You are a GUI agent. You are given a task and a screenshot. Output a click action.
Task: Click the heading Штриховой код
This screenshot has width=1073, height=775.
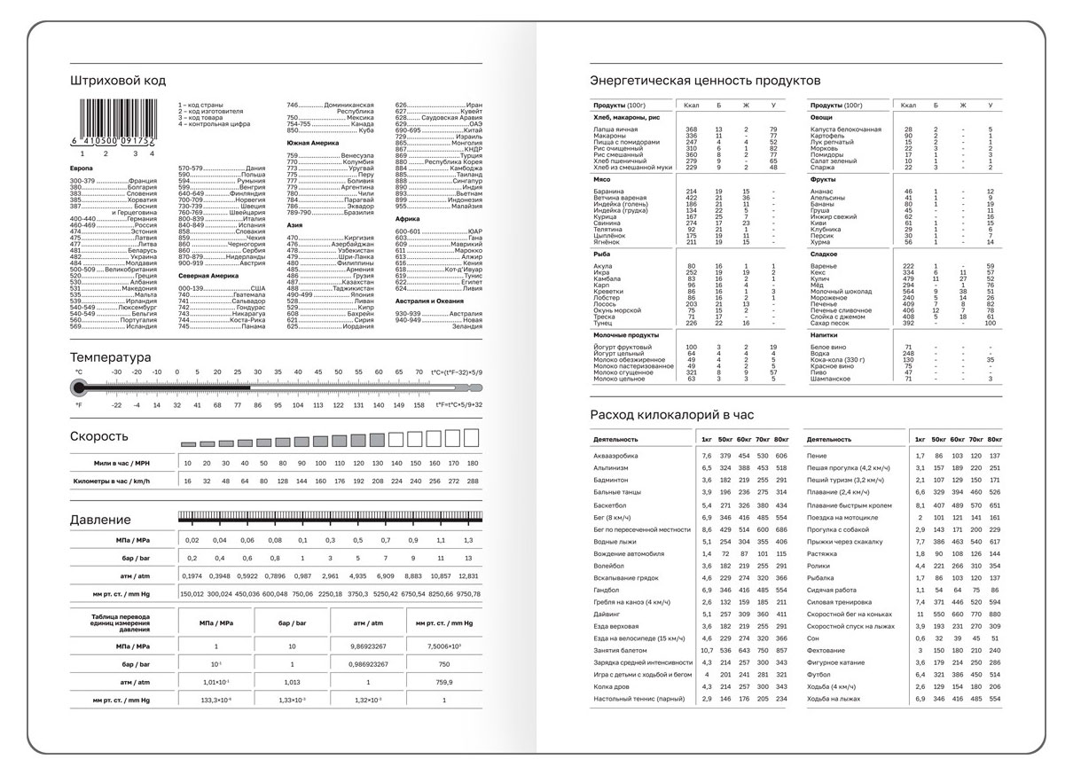point(118,81)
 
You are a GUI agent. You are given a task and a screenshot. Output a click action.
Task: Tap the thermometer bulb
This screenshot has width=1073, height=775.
point(79,387)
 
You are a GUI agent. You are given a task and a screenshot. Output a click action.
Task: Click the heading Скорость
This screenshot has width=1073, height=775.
point(99,436)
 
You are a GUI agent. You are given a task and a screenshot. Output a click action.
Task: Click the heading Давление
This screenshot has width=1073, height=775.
point(100,520)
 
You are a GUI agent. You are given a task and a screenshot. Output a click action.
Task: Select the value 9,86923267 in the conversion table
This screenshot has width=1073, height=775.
point(366,647)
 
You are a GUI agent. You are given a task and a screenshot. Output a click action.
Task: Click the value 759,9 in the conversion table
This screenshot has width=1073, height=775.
point(444,683)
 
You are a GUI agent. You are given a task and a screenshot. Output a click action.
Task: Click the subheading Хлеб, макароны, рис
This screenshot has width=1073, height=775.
point(626,117)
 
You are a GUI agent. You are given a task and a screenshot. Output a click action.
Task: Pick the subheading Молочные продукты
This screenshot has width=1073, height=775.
point(625,335)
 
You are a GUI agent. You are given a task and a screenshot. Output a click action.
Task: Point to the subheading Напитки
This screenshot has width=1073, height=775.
point(825,335)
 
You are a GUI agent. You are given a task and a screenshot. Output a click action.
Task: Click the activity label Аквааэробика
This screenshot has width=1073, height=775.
point(615,456)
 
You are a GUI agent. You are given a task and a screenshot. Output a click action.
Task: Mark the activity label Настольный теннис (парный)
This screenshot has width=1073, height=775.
point(639,699)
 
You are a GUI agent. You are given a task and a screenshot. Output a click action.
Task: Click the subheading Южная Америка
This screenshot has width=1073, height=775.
point(309,142)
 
